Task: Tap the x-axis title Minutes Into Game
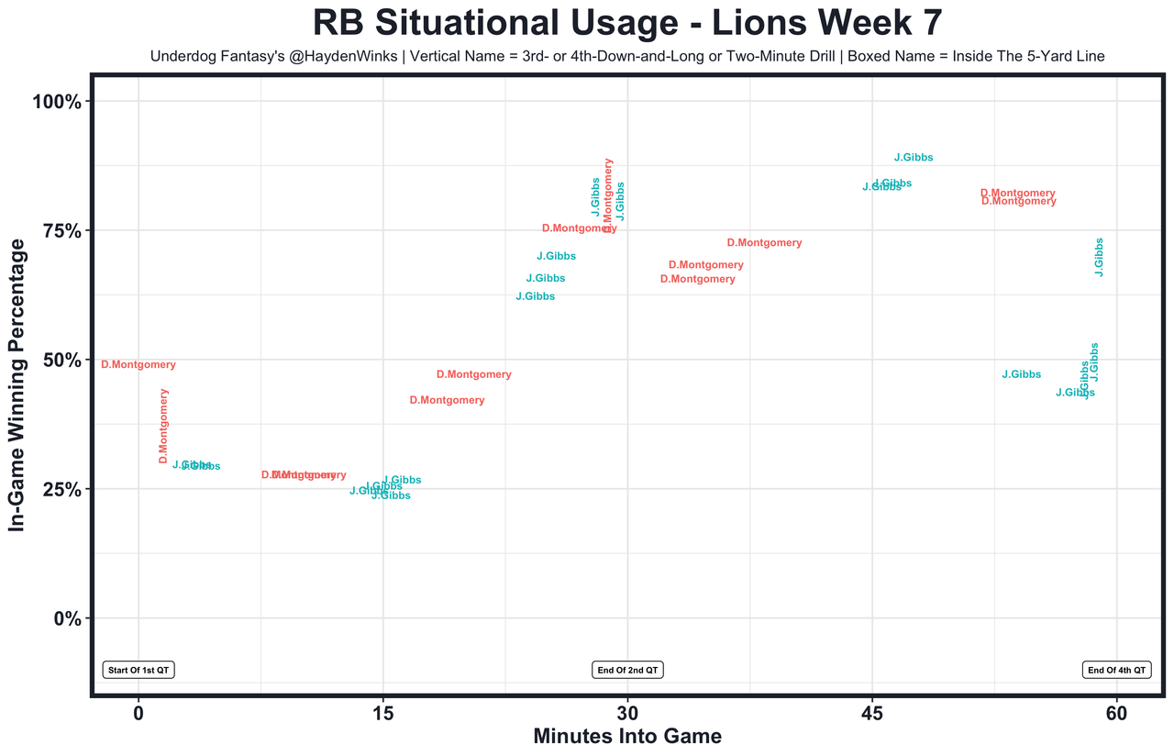[627, 737]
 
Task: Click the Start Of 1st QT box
[138, 671]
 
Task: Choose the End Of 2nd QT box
[628, 671]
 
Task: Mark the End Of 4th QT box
[1116, 671]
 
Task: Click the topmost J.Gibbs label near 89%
[914, 158]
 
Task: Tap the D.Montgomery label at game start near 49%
[138, 365]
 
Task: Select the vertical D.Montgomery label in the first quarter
[164, 426]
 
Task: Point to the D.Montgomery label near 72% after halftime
[764, 243]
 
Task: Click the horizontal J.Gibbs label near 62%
[536, 296]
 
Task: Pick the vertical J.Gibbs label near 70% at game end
[1099, 258]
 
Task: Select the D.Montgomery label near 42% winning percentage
[447, 401]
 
